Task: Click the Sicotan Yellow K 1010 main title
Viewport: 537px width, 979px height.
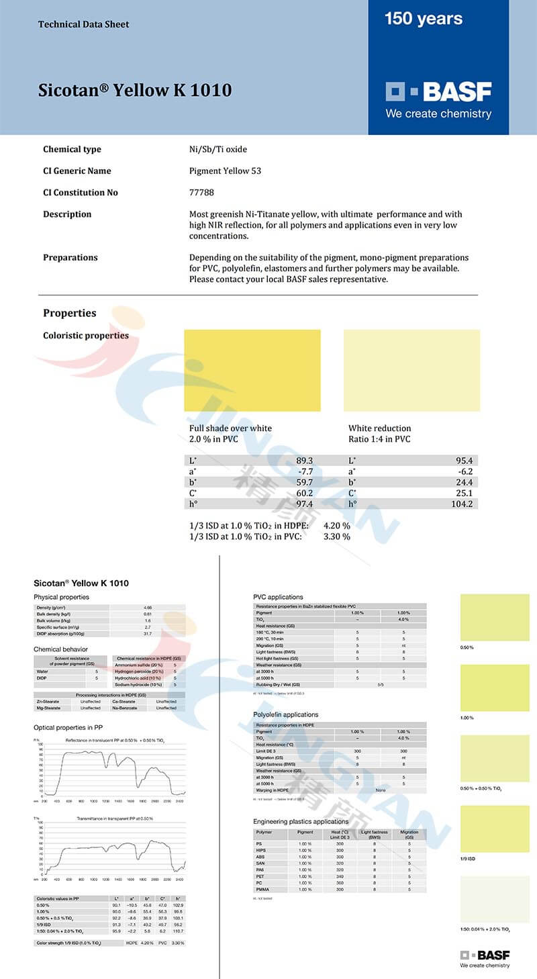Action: click(135, 91)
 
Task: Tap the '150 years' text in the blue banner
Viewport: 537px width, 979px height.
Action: click(424, 19)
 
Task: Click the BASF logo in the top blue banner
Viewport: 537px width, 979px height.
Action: click(438, 92)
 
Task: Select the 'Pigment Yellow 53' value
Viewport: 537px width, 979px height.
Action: click(225, 171)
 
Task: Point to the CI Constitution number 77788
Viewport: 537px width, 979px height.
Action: click(201, 193)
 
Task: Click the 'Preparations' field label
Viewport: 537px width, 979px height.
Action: click(70, 258)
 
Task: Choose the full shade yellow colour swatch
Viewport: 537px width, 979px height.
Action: click(252, 370)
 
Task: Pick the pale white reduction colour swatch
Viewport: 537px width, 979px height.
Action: click(411, 370)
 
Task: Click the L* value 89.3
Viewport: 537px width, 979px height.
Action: click(304, 461)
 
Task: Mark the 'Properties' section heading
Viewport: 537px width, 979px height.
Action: click(70, 313)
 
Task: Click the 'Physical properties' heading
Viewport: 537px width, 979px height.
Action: click(61, 597)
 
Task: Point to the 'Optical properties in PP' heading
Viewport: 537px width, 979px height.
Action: click(68, 727)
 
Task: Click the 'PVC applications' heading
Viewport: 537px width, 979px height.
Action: click(278, 597)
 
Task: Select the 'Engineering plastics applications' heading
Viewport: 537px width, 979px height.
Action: click(301, 821)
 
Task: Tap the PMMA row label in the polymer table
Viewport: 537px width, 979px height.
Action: click(264, 890)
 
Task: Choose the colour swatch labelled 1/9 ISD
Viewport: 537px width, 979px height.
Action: click(495, 829)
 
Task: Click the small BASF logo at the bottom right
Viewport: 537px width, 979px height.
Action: click(485, 955)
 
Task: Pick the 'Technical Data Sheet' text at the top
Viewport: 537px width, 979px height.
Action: click(84, 24)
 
